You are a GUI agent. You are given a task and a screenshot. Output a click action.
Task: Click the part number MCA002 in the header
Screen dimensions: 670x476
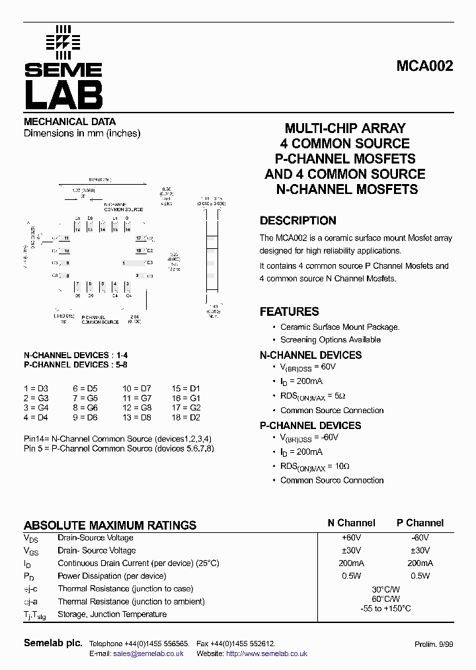click(424, 66)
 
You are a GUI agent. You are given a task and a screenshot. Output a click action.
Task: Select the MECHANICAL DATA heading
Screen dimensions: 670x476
click(70, 122)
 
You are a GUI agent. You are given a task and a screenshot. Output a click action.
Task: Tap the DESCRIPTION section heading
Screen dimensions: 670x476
click(297, 221)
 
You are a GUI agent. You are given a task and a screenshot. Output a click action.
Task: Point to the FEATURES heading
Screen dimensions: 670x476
click(289, 312)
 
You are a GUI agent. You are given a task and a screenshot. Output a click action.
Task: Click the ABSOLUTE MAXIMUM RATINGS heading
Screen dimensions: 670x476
click(110, 525)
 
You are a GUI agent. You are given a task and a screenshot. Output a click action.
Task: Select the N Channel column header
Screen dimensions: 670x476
click(351, 523)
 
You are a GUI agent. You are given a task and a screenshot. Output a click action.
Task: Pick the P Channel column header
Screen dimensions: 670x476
click(420, 523)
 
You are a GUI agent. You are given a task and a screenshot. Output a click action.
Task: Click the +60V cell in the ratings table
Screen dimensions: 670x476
click(351, 538)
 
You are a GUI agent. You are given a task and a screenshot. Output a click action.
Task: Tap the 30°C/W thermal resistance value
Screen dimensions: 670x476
click(387, 589)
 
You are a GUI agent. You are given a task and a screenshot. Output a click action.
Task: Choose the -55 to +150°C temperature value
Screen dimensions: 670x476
click(387, 608)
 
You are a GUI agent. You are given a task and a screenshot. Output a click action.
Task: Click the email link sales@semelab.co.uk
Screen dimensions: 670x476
click(148, 653)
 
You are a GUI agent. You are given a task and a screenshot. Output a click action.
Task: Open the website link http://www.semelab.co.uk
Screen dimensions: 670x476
click(266, 653)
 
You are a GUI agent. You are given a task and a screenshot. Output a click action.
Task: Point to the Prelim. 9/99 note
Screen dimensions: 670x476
click(434, 644)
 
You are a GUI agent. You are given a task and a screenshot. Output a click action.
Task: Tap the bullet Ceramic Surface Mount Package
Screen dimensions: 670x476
click(340, 327)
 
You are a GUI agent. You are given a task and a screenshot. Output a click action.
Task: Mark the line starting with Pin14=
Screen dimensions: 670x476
click(118, 439)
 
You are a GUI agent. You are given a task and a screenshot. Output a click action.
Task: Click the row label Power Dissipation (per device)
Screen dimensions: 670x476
click(112, 576)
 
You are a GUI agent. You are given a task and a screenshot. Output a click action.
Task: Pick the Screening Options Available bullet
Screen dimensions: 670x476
click(331, 340)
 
